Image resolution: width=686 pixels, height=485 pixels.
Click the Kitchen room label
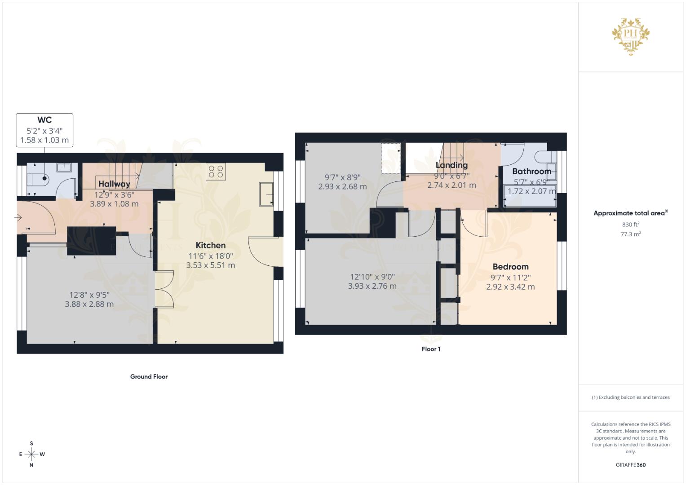click(x=210, y=245)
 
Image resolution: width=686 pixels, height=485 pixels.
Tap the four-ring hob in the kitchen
click(x=216, y=172)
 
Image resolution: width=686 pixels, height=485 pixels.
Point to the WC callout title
click(x=44, y=120)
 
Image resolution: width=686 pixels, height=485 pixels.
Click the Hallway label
click(x=114, y=184)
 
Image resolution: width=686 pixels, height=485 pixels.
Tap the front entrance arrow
click(x=18, y=218)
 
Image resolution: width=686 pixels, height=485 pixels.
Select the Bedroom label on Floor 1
click(x=510, y=266)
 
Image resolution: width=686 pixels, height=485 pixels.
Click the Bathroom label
click(x=531, y=171)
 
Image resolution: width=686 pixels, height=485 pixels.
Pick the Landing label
click(x=451, y=165)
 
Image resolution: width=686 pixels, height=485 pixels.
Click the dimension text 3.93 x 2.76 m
click(x=372, y=286)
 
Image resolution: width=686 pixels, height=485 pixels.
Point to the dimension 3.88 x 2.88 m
click(x=89, y=304)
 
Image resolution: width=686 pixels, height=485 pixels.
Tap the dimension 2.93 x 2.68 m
click(x=342, y=186)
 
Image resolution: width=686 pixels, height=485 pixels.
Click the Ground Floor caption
click(x=149, y=377)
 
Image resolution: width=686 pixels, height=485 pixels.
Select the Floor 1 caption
click(x=431, y=349)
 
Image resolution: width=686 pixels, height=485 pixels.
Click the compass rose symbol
click(x=31, y=454)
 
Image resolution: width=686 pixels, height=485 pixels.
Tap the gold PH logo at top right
click(x=631, y=36)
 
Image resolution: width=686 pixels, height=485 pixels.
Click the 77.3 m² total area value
click(x=630, y=234)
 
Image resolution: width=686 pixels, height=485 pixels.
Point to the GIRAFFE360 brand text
click(x=630, y=465)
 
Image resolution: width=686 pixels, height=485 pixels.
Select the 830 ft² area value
click(x=630, y=224)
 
